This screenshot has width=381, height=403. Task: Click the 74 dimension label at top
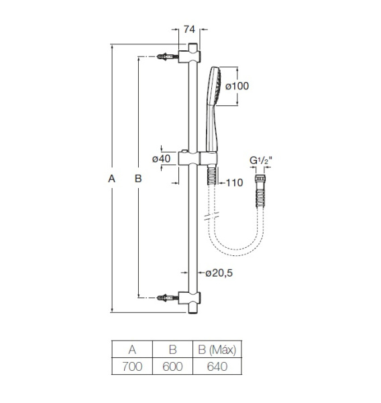(x=189, y=29)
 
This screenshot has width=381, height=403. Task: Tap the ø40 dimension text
(x=162, y=159)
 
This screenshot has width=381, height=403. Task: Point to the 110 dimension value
(x=233, y=183)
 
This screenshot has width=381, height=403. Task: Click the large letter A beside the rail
(x=111, y=179)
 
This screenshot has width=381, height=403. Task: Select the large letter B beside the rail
(x=138, y=179)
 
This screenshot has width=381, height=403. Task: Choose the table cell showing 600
(x=172, y=367)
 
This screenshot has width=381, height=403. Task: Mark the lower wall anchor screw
(x=164, y=297)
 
